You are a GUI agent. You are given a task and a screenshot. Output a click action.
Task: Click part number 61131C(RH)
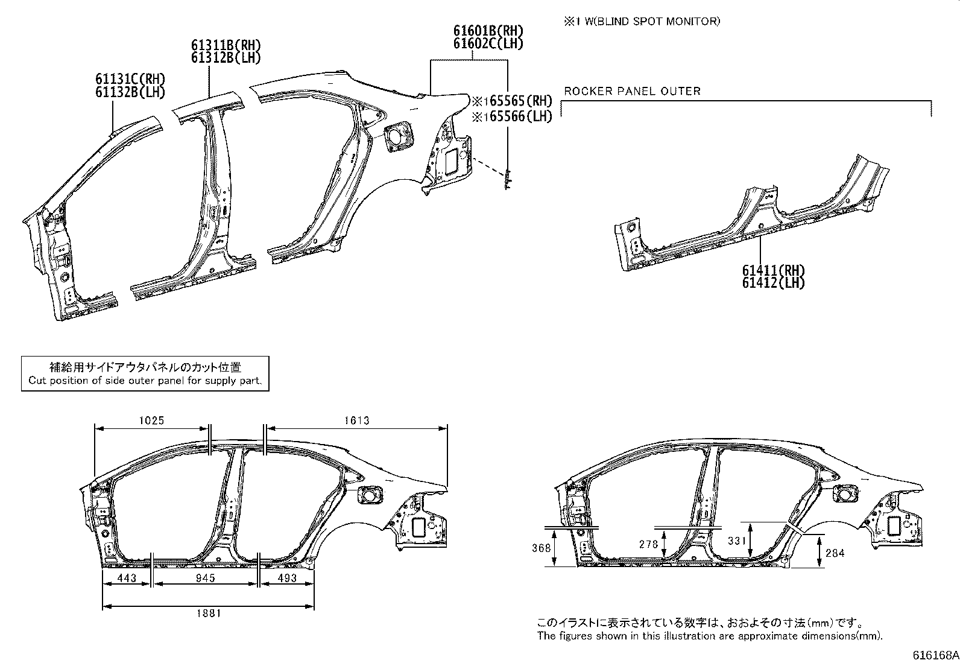coord(130,79)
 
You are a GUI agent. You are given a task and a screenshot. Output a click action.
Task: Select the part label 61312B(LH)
coord(226,58)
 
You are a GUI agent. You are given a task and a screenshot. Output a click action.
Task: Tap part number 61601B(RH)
coord(488,31)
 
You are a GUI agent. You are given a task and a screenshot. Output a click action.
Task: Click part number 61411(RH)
coord(774,270)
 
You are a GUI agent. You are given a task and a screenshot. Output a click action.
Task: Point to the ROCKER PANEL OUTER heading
coord(632,91)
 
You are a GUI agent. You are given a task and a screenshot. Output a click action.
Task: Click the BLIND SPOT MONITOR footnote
coord(642,21)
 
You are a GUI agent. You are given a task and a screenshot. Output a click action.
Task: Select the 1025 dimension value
coord(151,420)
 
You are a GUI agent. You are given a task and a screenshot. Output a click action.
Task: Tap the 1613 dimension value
coord(357,420)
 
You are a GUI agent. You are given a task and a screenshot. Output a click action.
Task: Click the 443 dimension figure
coord(126,578)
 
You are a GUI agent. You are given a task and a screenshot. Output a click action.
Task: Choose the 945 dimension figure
coord(205,578)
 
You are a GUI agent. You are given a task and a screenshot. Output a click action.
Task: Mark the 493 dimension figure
coord(287,578)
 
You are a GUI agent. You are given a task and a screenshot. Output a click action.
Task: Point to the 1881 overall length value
coord(209,613)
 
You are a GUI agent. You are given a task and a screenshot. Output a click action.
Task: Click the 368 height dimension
coord(542,548)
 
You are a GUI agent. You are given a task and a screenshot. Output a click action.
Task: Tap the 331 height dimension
coord(737,541)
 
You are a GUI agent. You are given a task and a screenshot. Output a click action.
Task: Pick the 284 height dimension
coord(835,553)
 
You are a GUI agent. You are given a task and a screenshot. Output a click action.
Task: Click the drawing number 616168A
coord(935,655)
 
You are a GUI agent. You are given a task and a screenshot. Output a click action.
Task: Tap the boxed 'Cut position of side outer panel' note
coord(145,373)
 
